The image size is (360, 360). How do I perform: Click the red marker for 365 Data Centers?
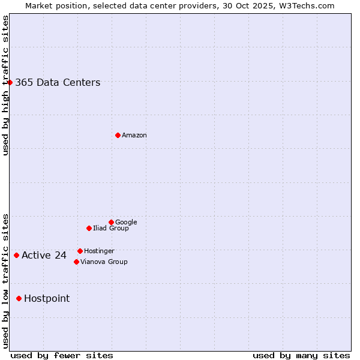click(x=10, y=82)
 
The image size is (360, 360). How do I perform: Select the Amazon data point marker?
click(x=118, y=135)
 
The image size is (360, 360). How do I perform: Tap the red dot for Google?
click(x=111, y=222)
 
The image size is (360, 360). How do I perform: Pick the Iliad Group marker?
click(x=89, y=228)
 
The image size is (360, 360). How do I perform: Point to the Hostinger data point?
click(x=80, y=251)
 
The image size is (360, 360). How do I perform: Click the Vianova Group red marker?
click(x=76, y=262)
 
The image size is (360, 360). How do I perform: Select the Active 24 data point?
click(x=16, y=255)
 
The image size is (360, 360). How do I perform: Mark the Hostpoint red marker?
click(x=19, y=298)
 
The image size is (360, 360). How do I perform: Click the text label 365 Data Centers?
click(x=58, y=83)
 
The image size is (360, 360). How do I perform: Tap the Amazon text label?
click(x=134, y=136)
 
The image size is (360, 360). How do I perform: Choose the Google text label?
click(x=126, y=222)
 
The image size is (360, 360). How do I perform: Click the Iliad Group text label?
click(x=111, y=228)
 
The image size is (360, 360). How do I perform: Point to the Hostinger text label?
click(x=99, y=251)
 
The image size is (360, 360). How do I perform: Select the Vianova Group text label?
click(x=104, y=262)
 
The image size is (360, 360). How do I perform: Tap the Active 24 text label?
click(x=44, y=256)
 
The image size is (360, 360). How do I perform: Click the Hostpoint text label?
click(x=47, y=299)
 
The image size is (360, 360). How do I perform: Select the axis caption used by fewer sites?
click(x=62, y=355)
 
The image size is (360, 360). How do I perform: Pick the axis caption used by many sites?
click(x=301, y=355)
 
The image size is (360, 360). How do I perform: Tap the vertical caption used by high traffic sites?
click(x=5, y=85)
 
